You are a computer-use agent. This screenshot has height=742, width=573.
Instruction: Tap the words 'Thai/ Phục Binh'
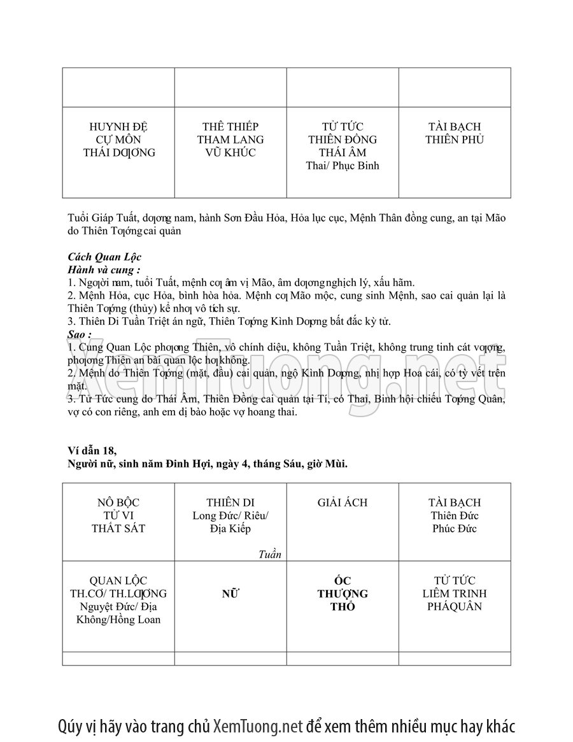(343, 166)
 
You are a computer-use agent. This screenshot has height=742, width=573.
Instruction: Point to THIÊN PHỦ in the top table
(455, 139)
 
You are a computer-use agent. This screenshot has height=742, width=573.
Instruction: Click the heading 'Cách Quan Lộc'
(104, 257)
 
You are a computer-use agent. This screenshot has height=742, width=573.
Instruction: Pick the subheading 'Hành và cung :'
(104, 269)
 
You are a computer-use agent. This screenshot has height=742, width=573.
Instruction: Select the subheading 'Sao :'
(80, 334)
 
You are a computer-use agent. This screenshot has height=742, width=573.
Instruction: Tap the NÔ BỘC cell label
(118, 503)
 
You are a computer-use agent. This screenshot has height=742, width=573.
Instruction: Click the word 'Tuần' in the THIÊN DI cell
(270, 554)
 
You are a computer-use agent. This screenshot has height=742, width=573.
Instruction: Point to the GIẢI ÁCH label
(343, 503)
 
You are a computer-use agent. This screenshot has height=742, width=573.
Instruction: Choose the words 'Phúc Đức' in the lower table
(454, 529)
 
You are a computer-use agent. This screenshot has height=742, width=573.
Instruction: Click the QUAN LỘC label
(118, 580)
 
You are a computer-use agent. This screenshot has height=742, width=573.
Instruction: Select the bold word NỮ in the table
(230, 594)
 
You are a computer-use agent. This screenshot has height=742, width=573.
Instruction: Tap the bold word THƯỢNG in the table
(343, 594)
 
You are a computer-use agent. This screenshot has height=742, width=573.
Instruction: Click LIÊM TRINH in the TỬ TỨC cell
(455, 594)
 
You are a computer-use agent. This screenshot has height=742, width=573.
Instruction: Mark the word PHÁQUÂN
(455, 606)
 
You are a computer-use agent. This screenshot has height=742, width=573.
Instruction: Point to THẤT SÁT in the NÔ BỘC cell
(118, 529)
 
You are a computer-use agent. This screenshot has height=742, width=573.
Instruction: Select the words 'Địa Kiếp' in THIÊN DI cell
(230, 529)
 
